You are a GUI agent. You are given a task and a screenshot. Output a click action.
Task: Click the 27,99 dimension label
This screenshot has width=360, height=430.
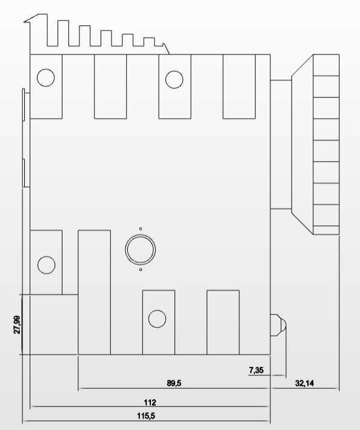(x=17, y=325)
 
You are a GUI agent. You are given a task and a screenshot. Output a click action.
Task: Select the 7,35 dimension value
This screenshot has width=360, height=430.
(x=256, y=370)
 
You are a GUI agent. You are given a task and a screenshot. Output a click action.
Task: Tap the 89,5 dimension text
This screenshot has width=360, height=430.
(x=174, y=383)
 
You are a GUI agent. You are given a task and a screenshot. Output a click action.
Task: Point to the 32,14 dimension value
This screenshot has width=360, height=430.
(x=304, y=383)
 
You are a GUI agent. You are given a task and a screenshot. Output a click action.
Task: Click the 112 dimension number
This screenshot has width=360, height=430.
(x=150, y=402)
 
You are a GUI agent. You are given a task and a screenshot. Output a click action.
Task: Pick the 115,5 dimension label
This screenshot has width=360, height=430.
(x=146, y=415)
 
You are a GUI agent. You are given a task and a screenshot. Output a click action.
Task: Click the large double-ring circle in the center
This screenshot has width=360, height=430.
(x=141, y=250)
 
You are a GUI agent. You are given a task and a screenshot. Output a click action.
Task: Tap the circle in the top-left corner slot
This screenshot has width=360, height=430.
(x=46, y=78)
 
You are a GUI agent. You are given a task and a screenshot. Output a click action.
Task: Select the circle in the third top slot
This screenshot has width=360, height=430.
(x=174, y=79)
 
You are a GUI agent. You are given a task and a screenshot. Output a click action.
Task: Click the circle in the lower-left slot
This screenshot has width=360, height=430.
(x=46, y=265)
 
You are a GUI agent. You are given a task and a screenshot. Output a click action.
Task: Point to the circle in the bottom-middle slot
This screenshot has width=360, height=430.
(x=157, y=319)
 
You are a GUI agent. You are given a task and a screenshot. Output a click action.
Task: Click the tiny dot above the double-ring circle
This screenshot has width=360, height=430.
(x=141, y=229)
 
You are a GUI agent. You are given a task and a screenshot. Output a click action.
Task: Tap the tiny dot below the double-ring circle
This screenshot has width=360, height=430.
(x=141, y=270)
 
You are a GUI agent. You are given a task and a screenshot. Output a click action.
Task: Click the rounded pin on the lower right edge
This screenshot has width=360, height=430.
(x=278, y=325)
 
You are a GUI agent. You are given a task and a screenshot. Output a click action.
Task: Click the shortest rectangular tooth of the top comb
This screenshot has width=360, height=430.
(x=149, y=42)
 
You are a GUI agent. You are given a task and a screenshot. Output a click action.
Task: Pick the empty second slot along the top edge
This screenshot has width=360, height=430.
(x=110, y=87)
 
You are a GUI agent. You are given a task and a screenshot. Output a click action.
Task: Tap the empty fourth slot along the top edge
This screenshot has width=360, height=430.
(x=239, y=87)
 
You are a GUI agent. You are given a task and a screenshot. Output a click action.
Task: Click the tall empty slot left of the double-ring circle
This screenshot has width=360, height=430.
(x=95, y=293)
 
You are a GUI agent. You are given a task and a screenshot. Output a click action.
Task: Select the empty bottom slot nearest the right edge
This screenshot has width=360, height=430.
(x=223, y=322)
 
